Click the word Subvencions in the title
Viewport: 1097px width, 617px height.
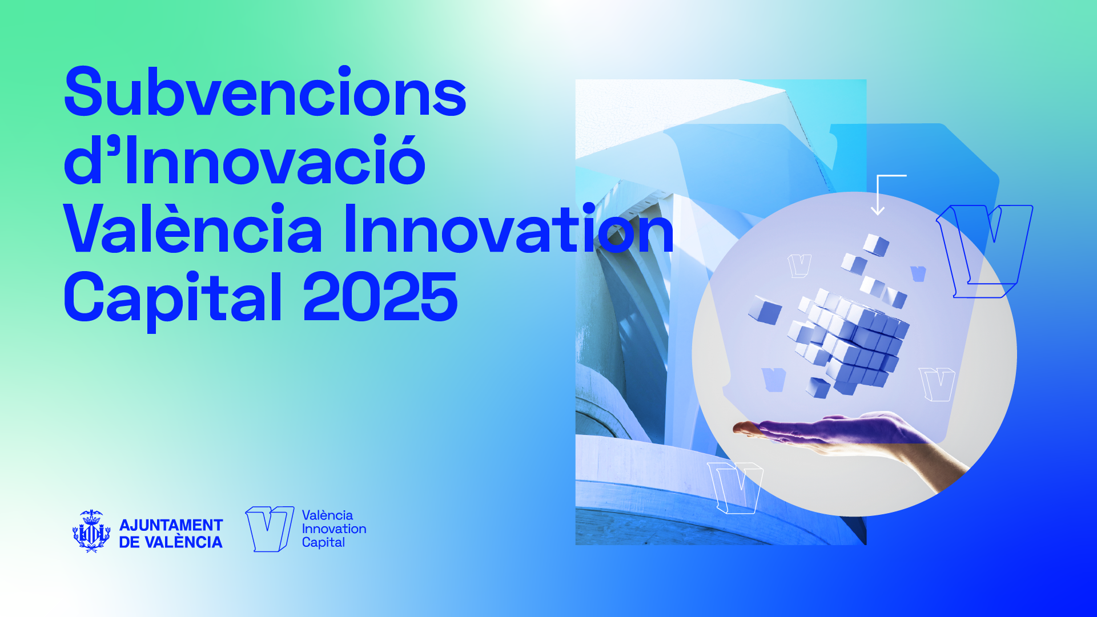(x=266, y=92)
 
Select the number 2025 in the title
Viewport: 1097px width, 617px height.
(x=380, y=297)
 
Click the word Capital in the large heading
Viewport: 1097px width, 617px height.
(x=173, y=301)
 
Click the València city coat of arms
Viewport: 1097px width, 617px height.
(x=91, y=531)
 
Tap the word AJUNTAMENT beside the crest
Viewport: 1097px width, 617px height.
(x=171, y=525)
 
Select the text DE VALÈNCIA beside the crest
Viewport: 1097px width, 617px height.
(x=171, y=542)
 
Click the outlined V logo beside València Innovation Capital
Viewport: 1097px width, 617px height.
(x=270, y=529)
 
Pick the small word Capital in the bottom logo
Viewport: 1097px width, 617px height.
(x=323, y=543)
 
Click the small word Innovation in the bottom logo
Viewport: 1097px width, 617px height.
(x=334, y=529)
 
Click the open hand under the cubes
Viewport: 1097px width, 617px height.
(x=851, y=442)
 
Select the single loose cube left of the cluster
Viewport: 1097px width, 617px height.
(x=765, y=310)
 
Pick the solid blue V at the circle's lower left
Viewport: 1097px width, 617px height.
(x=774, y=380)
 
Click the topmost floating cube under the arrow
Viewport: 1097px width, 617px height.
(x=875, y=244)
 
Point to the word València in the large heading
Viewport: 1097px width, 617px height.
(x=193, y=228)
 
